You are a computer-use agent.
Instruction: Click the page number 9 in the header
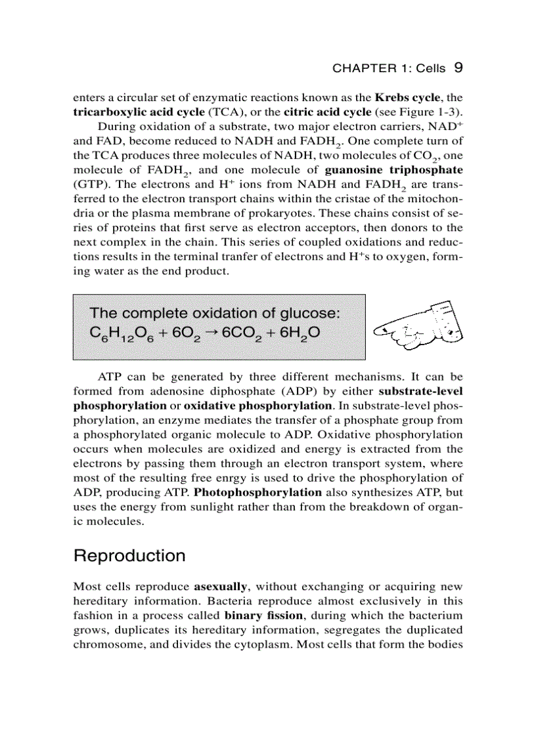[460, 68]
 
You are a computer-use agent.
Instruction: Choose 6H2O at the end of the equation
[300, 334]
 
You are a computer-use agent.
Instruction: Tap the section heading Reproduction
[129, 556]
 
